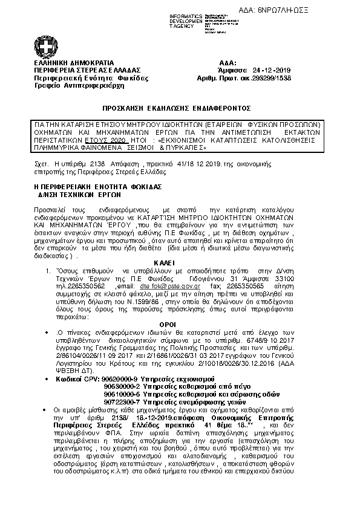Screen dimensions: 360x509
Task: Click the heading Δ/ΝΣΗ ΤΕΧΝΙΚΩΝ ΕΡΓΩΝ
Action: click(80, 195)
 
